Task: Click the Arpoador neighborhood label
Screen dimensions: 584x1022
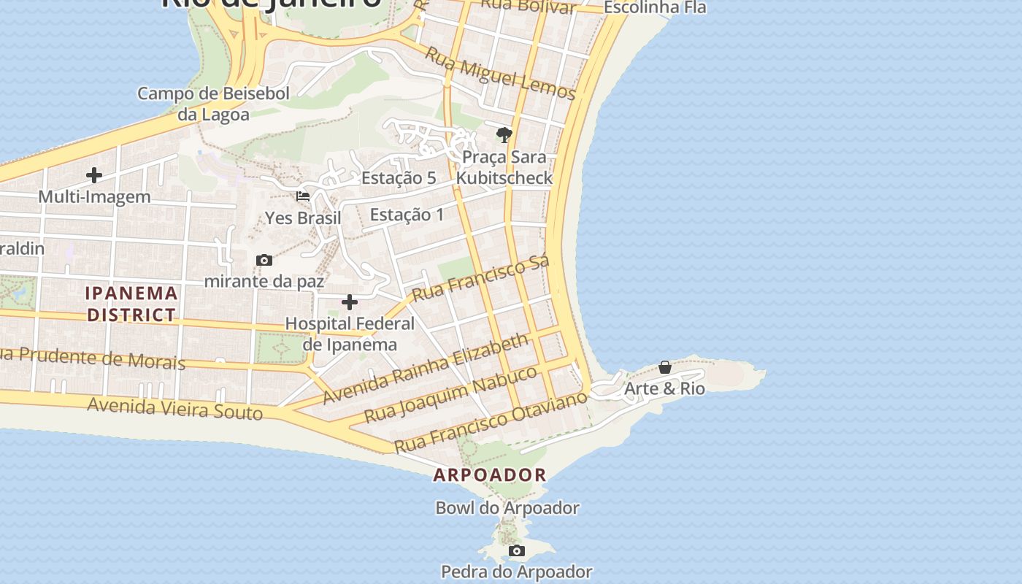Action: tap(490, 475)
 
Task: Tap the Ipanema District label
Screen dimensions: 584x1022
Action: tap(131, 304)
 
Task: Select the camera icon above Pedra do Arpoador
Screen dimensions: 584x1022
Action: tap(517, 550)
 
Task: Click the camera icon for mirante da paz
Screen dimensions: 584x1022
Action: tap(264, 260)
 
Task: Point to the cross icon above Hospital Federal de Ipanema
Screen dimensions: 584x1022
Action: tap(350, 302)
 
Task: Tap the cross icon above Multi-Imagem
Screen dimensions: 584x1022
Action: tap(94, 175)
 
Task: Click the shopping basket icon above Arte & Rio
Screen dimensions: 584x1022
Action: tap(665, 367)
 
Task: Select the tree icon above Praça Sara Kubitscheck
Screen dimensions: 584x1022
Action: tap(504, 135)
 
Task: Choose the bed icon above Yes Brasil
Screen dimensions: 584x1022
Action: tap(303, 196)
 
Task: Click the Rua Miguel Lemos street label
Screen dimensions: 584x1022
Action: tap(500, 74)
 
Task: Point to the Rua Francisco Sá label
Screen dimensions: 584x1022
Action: tap(480, 279)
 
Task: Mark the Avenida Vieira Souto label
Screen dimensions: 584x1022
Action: tap(174, 408)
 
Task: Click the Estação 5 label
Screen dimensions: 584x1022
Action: tap(399, 178)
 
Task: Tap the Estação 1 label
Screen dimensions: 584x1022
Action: tap(407, 215)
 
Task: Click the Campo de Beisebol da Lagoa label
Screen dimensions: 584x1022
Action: tap(213, 104)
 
